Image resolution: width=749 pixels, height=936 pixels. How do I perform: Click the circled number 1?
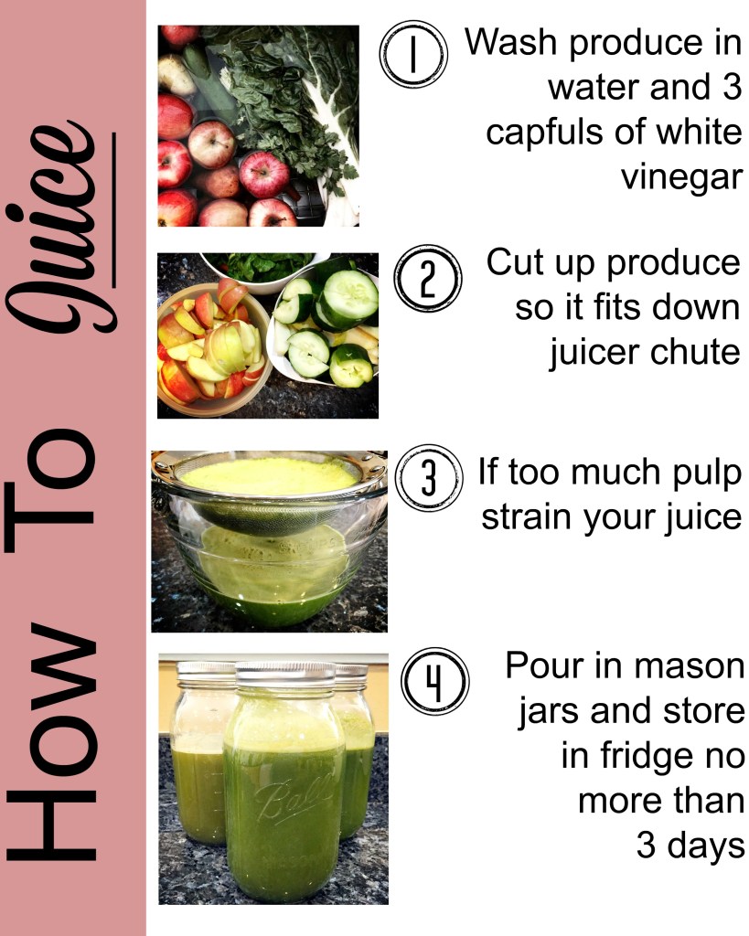413,54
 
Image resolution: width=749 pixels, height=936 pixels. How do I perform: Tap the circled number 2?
428,278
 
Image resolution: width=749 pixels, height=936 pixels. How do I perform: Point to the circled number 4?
434,681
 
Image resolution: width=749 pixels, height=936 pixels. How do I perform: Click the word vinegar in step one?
682,177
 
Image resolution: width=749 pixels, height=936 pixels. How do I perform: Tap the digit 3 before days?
647,846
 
